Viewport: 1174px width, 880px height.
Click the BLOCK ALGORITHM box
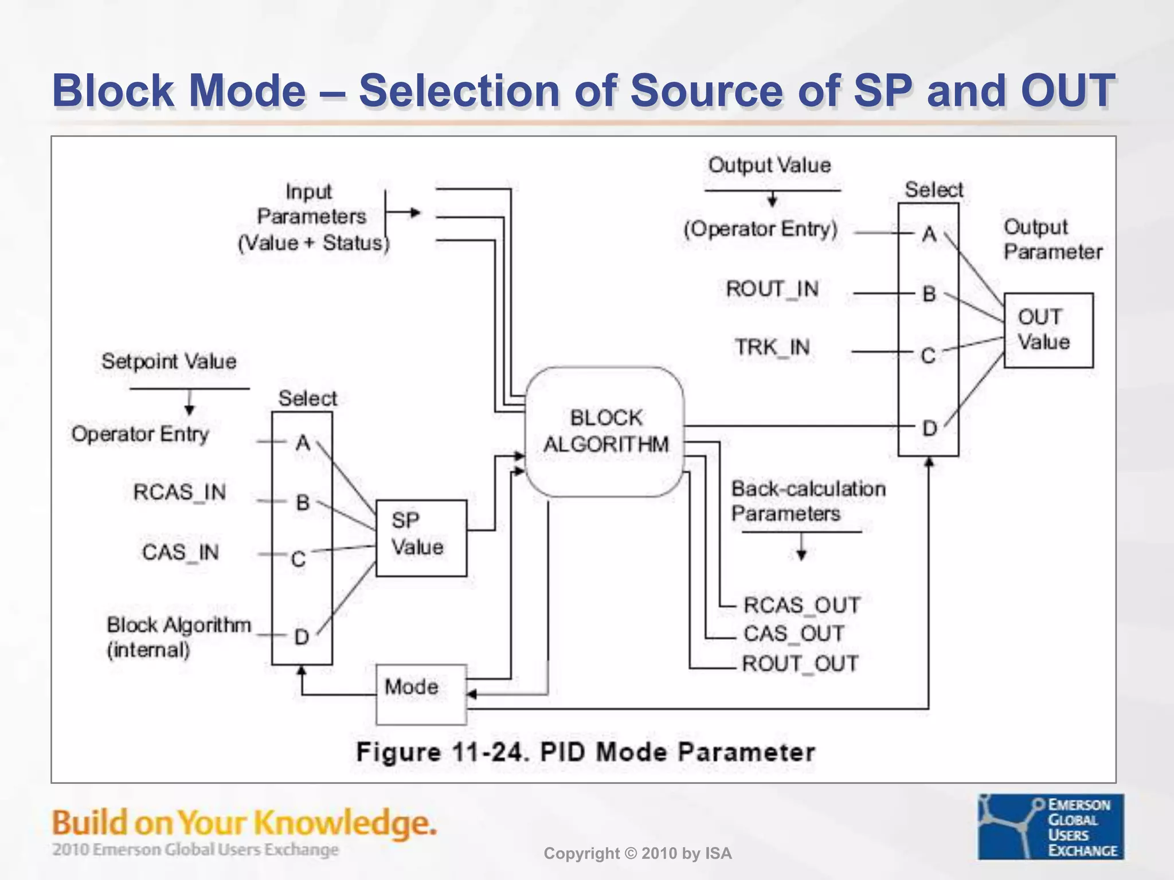click(x=605, y=431)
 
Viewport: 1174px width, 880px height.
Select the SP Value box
click(x=421, y=537)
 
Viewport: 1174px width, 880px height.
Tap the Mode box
click(x=421, y=694)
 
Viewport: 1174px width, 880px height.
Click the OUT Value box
click(x=1048, y=330)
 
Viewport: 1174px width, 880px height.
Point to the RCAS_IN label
click(x=179, y=492)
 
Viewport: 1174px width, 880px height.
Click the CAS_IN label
click(x=180, y=552)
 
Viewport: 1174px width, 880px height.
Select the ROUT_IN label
click(x=772, y=289)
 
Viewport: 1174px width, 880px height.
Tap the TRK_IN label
click(x=772, y=347)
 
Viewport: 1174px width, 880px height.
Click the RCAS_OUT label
click(x=801, y=605)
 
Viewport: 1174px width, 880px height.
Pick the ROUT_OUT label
click(x=800, y=664)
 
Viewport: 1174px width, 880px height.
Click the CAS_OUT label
click(x=794, y=634)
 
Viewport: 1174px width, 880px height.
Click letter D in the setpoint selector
click(x=302, y=637)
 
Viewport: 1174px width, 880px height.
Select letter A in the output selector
click(x=929, y=234)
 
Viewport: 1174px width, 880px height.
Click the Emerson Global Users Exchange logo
click(x=1050, y=827)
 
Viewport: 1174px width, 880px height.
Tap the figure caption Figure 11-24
click(x=585, y=752)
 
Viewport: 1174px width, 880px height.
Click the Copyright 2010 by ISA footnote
click(x=637, y=854)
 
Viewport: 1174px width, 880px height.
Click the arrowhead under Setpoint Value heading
click(x=189, y=410)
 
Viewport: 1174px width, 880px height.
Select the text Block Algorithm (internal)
click(x=178, y=637)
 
